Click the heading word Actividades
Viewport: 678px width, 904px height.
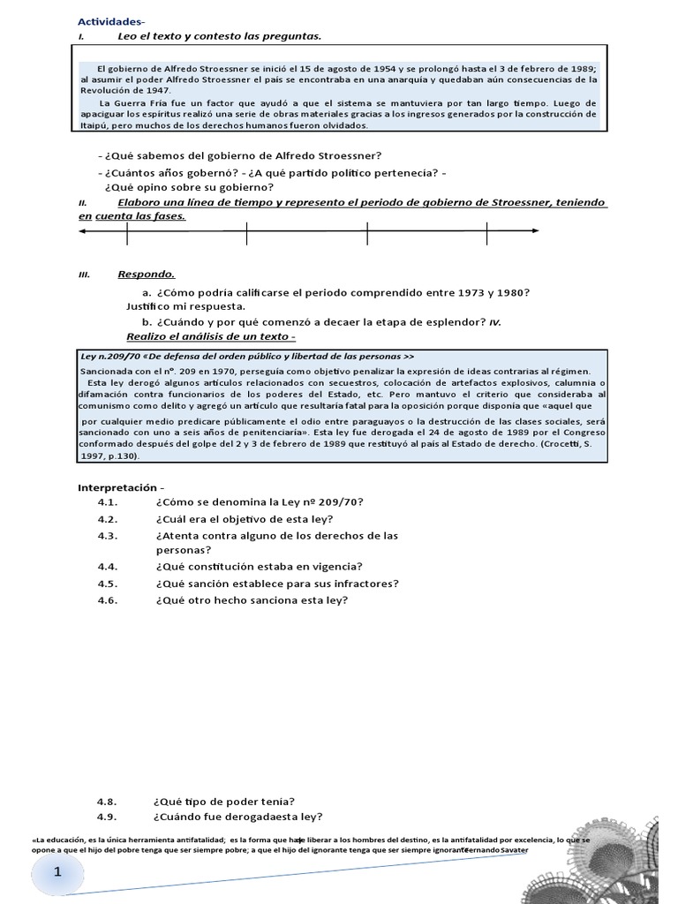[109, 20]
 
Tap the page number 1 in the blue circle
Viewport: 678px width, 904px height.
[58, 872]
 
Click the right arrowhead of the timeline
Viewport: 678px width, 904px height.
[535, 232]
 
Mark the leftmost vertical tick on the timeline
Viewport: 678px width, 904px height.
[127, 232]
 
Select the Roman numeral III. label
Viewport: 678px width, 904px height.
[85, 275]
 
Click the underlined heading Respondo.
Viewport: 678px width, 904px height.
[146, 274]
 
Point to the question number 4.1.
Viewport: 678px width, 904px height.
[108, 502]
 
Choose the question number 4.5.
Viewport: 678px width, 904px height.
[108, 584]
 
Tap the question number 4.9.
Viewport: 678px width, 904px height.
[108, 816]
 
